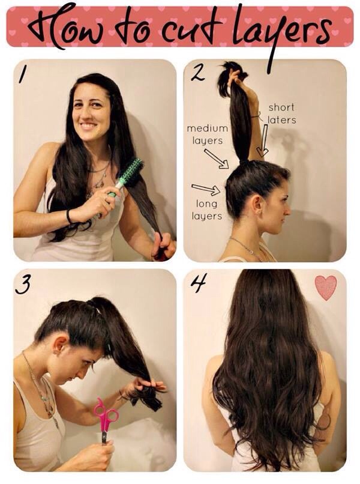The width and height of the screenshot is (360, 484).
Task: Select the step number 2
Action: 197,73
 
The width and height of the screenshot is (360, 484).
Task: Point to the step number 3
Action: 23,285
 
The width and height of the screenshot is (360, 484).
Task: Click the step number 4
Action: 198,283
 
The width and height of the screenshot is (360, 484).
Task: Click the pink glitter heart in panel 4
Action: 326,288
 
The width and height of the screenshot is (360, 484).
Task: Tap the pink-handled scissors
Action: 106,418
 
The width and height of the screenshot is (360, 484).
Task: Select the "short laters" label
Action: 281,113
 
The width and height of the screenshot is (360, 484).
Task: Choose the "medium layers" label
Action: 207,135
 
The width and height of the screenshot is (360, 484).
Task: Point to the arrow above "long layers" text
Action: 206,190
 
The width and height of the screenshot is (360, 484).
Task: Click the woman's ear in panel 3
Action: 62,343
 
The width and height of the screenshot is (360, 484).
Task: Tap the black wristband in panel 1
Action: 70,216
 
